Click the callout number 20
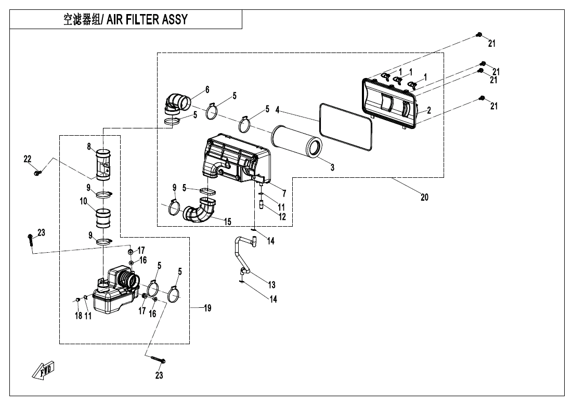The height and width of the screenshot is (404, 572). pos(424,197)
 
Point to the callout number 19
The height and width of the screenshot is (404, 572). pos(207,308)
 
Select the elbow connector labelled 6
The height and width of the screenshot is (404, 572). pos(177,101)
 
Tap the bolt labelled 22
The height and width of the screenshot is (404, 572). pos(37,172)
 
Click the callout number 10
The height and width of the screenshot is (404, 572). pos(83,200)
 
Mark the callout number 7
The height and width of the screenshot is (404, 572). pos(284,193)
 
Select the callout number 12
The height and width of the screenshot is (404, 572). pos(282,217)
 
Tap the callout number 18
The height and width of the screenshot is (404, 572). pos(79,316)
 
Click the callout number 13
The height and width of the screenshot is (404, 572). pos(271,284)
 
